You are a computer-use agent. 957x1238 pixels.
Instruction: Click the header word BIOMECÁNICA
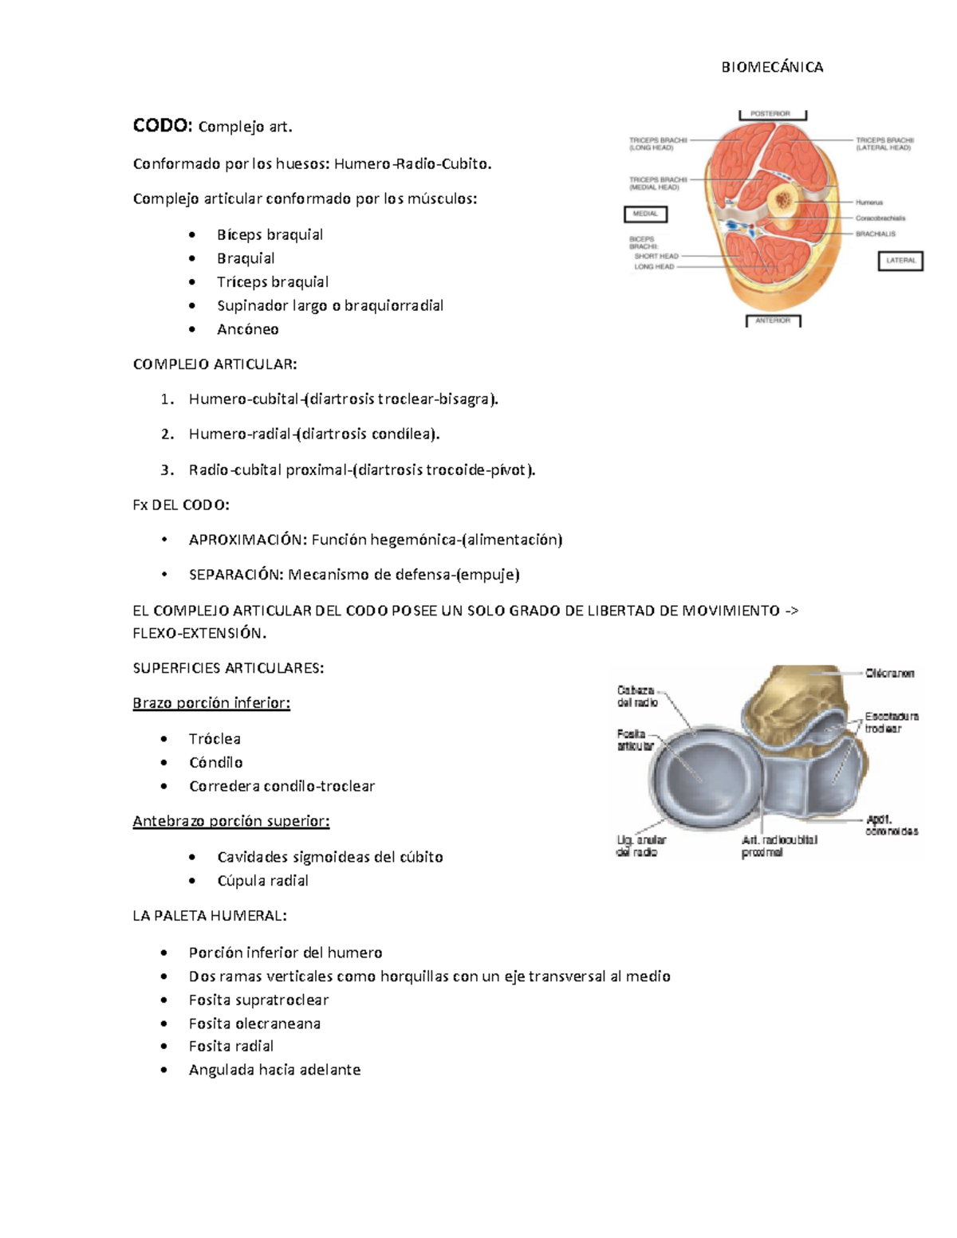[772, 68]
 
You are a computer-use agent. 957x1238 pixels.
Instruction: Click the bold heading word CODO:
[162, 126]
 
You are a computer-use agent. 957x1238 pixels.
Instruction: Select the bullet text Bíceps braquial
[270, 235]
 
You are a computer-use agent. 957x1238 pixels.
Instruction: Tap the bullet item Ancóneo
[247, 329]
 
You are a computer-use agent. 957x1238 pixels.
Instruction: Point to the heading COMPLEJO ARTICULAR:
[215, 364]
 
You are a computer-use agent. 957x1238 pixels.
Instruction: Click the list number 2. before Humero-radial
[167, 434]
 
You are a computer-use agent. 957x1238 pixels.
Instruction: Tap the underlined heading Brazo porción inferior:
[211, 703]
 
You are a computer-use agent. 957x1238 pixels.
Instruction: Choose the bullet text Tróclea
[215, 739]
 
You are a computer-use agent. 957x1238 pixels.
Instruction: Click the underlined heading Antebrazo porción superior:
[230, 821]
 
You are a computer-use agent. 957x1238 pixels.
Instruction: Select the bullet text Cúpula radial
[262, 881]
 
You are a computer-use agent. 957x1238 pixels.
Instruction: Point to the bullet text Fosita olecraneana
[254, 1024]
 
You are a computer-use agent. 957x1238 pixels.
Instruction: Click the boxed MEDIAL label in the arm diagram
[645, 214]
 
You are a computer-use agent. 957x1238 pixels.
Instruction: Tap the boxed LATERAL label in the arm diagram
[900, 261]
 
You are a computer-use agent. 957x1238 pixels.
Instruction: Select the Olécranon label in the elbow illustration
[890, 674]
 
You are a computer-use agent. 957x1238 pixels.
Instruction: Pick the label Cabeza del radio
[636, 696]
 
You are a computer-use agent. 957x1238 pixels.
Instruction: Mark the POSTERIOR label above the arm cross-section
[771, 114]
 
